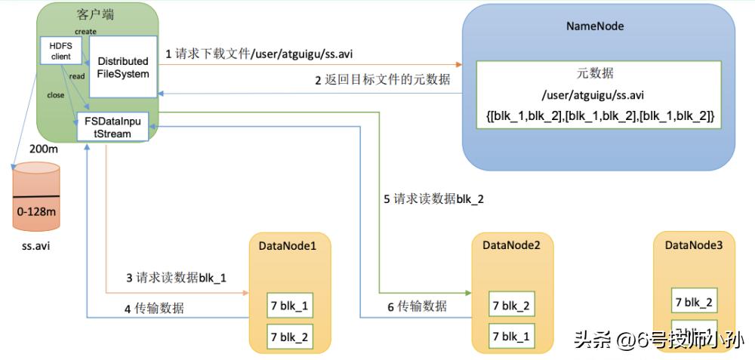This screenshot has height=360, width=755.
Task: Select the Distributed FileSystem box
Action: pos(123,67)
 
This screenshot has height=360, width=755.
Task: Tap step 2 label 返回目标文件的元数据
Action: pos(383,79)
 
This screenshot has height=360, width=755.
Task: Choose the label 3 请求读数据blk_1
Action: pos(177,278)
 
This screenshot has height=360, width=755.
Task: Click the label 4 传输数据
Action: pos(154,308)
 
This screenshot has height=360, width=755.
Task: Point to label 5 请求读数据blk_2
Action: pos(433,199)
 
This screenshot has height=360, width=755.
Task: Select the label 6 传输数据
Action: pos(417,306)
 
